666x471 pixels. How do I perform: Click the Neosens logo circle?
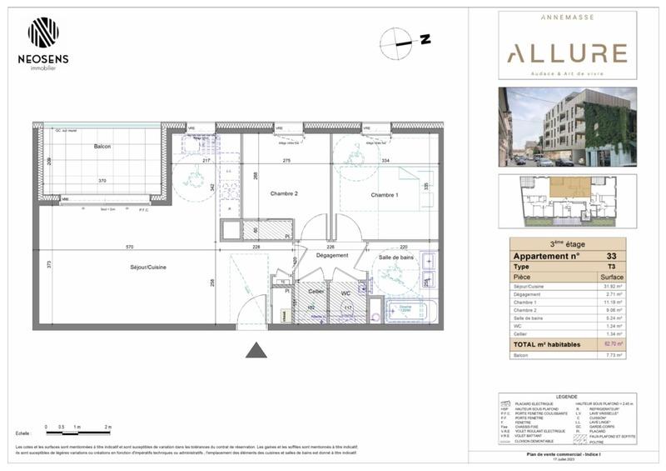(x=43, y=33)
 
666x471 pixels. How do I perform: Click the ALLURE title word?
(x=567, y=54)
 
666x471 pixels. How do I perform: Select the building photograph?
(x=567, y=127)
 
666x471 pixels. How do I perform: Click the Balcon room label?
(x=102, y=147)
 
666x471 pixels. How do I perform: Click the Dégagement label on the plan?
(x=331, y=256)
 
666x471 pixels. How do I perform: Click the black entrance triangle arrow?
(x=256, y=350)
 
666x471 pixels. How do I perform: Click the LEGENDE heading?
(x=566, y=396)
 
